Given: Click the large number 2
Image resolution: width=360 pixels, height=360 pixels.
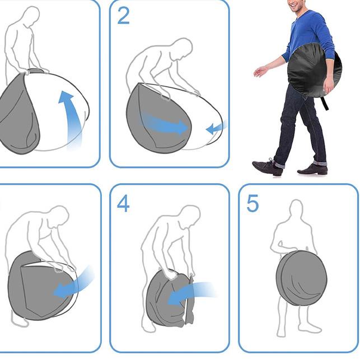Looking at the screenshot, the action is [123, 16].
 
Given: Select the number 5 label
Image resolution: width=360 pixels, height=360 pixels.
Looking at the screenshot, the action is [253, 203].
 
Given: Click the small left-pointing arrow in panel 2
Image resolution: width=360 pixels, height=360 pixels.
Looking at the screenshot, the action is [217, 128].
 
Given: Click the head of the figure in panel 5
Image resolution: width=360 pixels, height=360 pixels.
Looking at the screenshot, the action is [296, 209].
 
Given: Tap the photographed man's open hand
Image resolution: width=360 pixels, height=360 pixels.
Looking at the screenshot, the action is [260, 71].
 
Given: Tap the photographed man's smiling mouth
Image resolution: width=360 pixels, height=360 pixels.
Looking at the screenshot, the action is [293, 5].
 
